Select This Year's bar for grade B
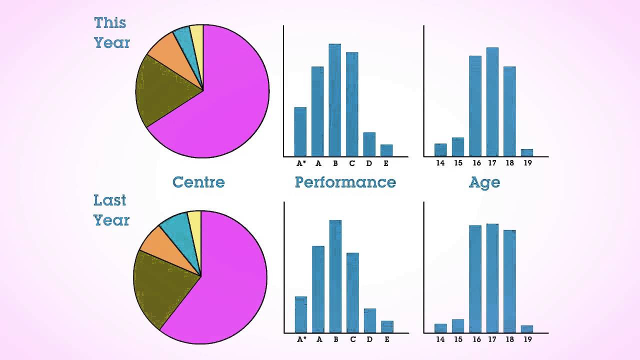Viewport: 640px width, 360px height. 334,100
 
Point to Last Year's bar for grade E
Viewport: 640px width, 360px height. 387,326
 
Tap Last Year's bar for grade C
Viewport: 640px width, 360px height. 352,292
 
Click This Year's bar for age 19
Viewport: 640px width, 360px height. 526,152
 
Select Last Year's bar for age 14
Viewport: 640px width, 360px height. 440,328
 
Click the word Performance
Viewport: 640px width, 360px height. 345,182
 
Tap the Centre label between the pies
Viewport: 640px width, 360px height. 198,182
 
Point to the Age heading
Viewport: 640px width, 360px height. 484,182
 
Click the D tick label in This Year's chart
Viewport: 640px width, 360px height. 368,163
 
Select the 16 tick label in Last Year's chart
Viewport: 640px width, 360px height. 476,339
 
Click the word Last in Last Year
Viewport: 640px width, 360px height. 110,200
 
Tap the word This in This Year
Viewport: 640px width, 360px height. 110,22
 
